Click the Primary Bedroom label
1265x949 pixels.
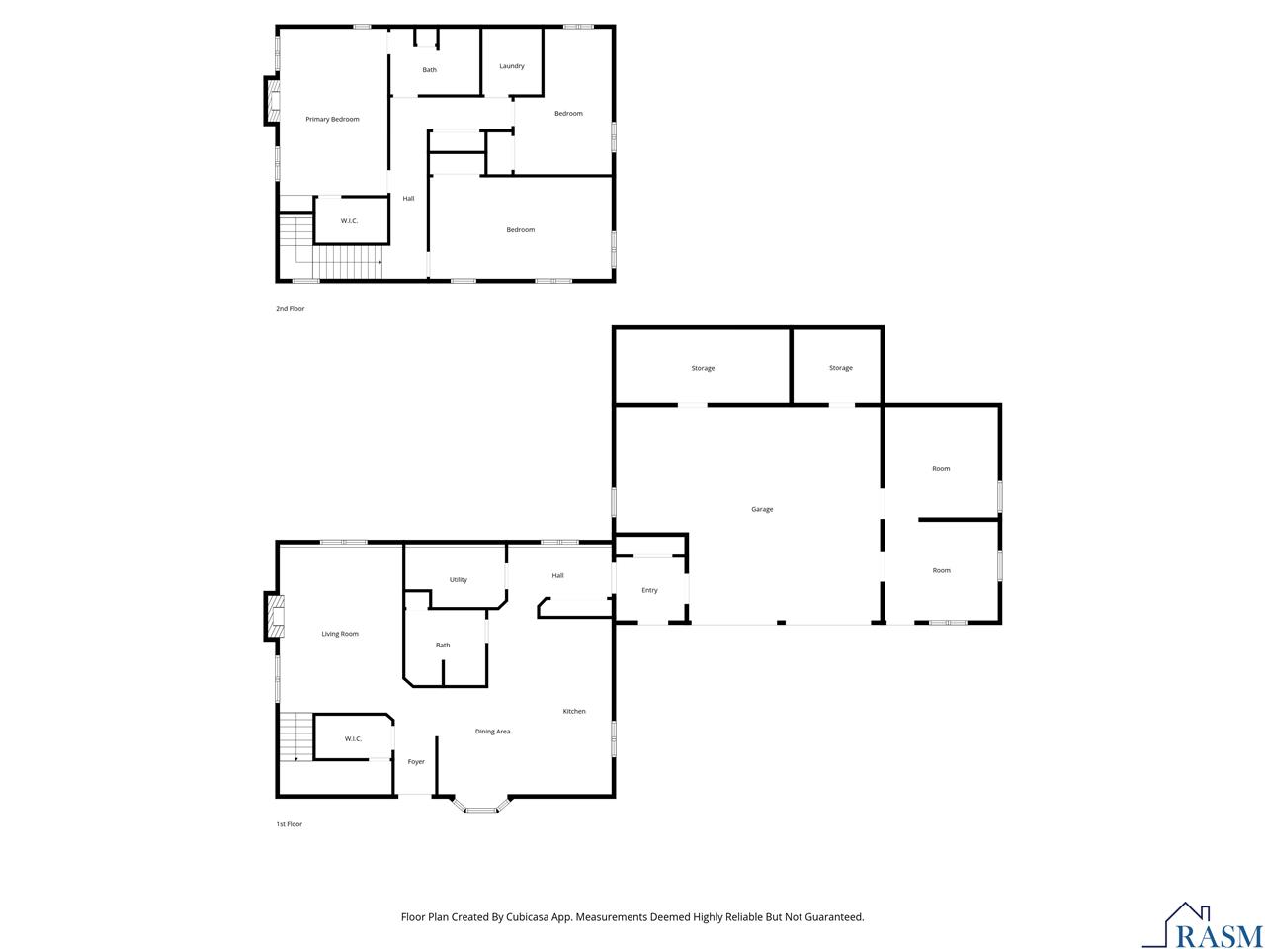[332, 120]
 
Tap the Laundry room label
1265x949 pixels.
[511, 66]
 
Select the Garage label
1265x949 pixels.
[761, 509]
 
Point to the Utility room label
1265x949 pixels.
[459, 579]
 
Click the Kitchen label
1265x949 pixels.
[573, 711]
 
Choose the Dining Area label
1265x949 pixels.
[492, 732]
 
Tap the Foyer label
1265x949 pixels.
[415, 762]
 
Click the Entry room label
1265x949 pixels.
[649, 590]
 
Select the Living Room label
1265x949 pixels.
[339, 634]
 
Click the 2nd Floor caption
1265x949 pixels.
[290, 308]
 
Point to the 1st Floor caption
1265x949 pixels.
[289, 824]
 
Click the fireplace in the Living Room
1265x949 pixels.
[274, 616]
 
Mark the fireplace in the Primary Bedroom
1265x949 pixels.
[272, 101]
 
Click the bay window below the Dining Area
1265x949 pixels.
[480, 805]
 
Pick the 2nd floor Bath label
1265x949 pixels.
[429, 70]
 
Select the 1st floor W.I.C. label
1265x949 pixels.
[353, 738]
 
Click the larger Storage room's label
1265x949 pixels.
[703, 368]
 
